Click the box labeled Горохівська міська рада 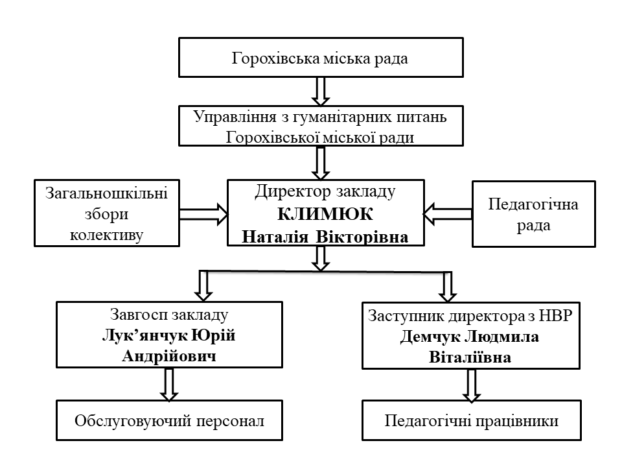coord(320,59)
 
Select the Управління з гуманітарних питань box coord(320,126)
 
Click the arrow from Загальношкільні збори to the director coord(203,213)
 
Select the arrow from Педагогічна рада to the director coord(447,213)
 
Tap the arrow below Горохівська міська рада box coord(320,91)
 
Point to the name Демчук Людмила coord(471,338)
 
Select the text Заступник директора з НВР coord(471,317)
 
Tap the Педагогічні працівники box coord(471,420)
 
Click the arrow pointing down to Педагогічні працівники coord(471,385)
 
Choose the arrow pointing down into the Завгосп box coord(203,285)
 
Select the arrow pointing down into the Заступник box coord(446,286)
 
